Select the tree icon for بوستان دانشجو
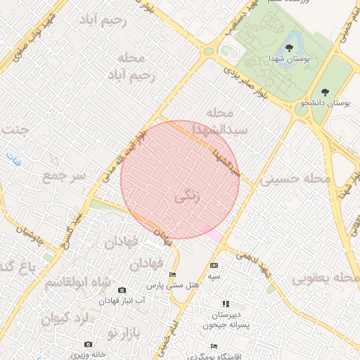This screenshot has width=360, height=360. click(324, 91)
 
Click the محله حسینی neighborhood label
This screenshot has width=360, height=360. click(295, 179)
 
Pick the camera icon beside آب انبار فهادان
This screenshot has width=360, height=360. click(122, 290)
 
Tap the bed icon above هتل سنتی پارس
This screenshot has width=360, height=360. click(173, 275)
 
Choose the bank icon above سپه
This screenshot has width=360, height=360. click(214, 265)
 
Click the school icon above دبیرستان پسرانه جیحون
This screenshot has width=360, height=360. click(226, 304)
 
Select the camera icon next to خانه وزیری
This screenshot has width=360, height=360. click(88, 344)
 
